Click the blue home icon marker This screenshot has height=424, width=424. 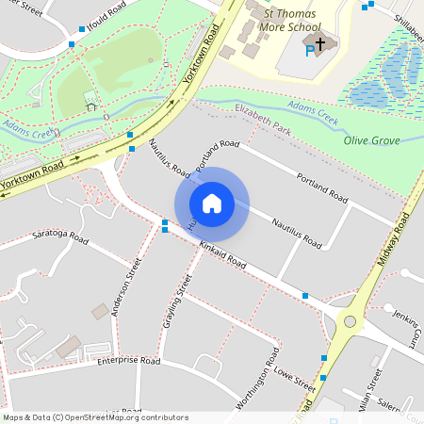(x=212, y=204)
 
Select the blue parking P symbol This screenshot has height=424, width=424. (x=309, y=50)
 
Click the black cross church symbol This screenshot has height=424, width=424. (x=320, y=43)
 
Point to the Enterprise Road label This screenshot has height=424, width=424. (x=128, y=360)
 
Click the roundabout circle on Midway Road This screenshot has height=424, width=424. (x=350, y=321)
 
